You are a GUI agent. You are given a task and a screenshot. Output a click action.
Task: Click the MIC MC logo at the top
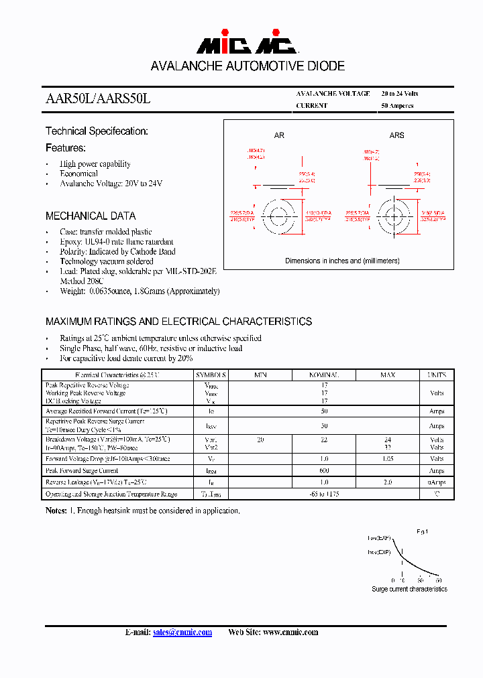[x=246, y=45]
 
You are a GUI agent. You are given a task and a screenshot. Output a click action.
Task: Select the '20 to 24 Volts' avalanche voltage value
[x=400, y=94]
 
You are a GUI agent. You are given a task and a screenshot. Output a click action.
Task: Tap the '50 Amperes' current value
[x=397, y=106]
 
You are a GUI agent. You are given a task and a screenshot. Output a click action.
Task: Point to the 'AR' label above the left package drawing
[x=279, y=135]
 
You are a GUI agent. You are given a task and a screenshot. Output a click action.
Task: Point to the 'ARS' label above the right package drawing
[x=397, y=135]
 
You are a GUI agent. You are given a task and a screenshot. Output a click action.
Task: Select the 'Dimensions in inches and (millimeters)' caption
[x=342, y=261]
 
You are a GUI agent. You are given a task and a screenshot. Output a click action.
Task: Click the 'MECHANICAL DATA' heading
[x=91, y=216]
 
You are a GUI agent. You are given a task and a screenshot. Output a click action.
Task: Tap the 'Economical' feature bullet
[x=78, y=174]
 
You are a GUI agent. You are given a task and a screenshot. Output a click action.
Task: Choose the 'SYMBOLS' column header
[x=211, y=375]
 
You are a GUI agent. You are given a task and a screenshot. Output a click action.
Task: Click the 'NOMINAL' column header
[x=324, y=375]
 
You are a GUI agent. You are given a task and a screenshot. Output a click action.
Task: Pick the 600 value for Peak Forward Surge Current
[x=324, y=470]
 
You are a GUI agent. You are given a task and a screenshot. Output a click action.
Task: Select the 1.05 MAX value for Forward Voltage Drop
[x=387, y=459]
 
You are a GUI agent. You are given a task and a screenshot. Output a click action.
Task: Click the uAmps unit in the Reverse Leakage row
[x=437, y=482]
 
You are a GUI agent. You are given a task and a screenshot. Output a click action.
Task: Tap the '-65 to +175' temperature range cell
[x=324, y=494]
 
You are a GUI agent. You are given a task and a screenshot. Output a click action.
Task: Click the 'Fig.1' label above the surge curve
[x=422, y=531]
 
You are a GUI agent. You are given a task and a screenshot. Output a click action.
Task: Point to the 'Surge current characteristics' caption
[x=409, y=589]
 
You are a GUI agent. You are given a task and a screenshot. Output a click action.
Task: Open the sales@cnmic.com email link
[x=182, y=632]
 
